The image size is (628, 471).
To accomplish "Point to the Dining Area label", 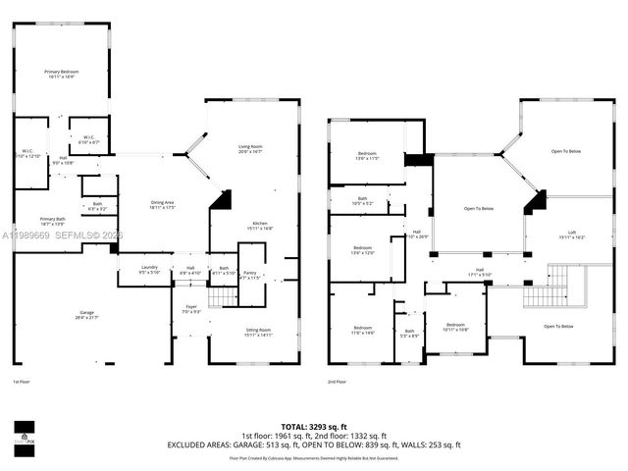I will pyautogui.click(x=162, y=205).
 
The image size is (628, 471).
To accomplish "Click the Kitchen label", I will pyautogui.click(x=259, y=226).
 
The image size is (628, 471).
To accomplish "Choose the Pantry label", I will pyautogui.click(x=250, y=275).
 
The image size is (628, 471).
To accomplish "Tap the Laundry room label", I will pyautogui.click(x=149, y=269).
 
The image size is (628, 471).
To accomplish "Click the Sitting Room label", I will pyautogui.click(x=257, y=333).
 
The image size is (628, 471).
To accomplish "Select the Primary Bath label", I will pyautogui.click(x=53, y=221).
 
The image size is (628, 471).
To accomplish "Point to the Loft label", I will pyautogui.click(x=572, y=235).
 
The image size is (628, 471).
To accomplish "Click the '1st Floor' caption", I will pyautogui.click(x=22, y=381).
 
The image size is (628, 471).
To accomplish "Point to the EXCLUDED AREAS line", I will pyautogui.click(x=314, y=445).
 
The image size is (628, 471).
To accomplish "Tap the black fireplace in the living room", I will pyautogui.click(x=222, y=199).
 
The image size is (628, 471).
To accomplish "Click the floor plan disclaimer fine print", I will pyautogui.click(x=314, y=457).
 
